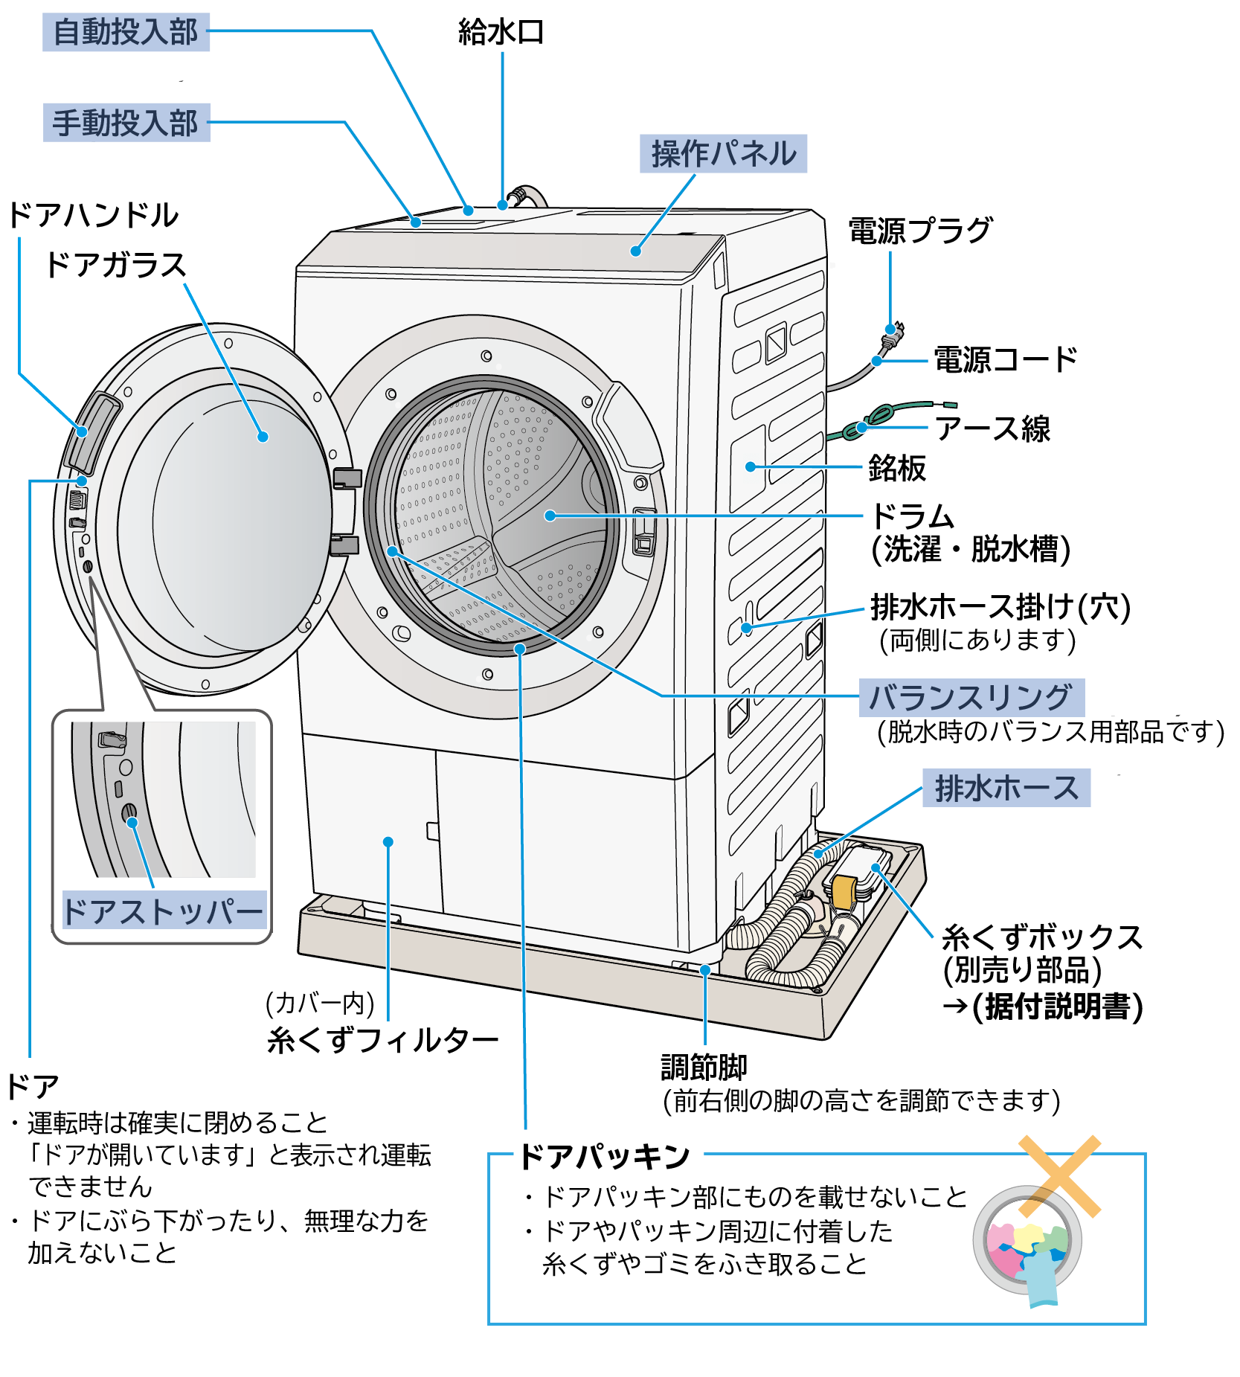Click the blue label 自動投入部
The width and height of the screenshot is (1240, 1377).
tap(126, 33)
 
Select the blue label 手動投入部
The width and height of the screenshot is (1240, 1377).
tap(126, 123)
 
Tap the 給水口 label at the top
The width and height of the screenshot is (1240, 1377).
tap(501, 33)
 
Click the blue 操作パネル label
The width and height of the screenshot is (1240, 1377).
tap(723, 154)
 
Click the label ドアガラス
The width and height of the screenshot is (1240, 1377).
tap(115, 266)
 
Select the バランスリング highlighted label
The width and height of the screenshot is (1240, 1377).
tap(971, 698)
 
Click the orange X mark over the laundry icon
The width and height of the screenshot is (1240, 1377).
tap(1059, 1175)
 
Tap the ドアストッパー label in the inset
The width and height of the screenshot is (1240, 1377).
tap(164, 911)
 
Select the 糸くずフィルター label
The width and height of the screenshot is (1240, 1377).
tap(382, 1040)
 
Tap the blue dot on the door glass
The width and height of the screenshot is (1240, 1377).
tap(263, 437)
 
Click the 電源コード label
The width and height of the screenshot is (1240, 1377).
tap(1005, 360)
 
